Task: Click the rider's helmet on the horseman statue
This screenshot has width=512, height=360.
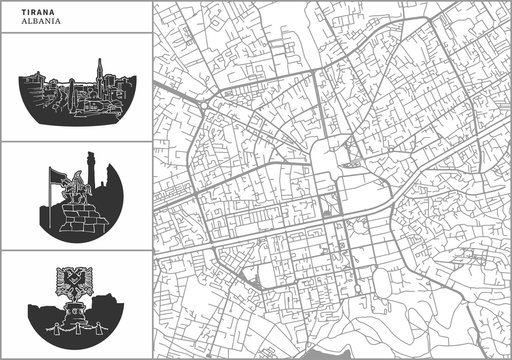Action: click(x=74, y=177)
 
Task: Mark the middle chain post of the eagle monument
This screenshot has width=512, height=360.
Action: click(x=75, y=329)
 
